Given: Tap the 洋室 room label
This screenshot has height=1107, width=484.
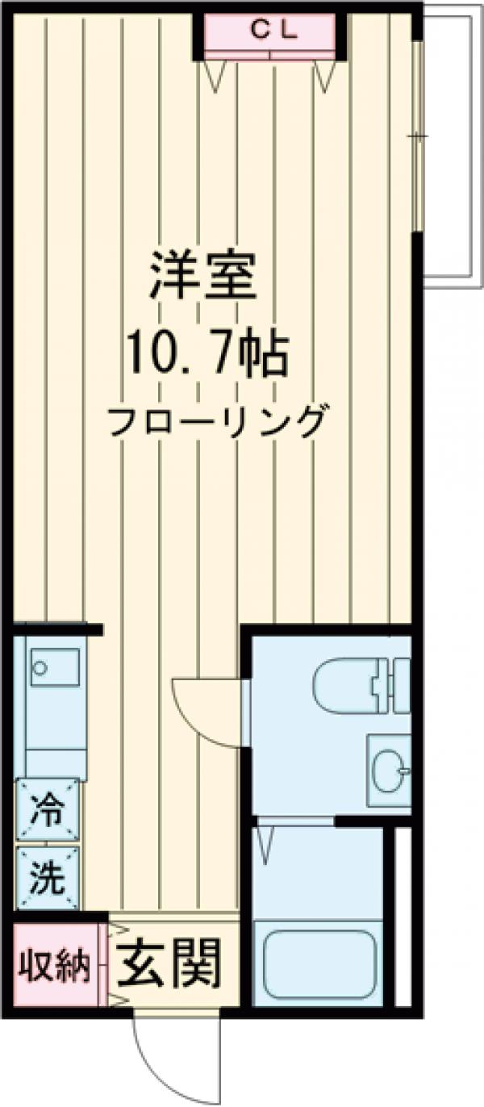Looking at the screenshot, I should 203,277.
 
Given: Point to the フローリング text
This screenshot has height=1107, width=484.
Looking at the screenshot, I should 219,421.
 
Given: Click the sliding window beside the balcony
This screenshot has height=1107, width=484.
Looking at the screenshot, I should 416,137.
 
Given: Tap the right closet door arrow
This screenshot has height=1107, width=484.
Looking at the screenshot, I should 324,75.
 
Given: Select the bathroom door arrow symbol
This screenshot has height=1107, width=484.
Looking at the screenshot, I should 265,843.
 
